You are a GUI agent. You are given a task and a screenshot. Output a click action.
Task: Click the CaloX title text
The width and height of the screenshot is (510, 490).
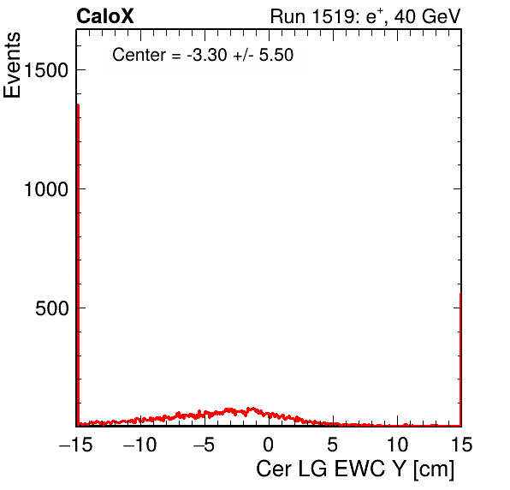pos(105,16)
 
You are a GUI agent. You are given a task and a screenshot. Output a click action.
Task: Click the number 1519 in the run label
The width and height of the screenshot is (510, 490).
pos(334,16)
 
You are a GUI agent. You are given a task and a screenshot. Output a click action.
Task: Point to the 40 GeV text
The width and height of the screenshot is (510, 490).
pos(428,16)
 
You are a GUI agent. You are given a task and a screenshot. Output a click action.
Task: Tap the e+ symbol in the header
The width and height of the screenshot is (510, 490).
pos(375,16)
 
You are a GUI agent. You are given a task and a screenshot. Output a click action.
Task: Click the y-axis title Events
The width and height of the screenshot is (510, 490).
pos(12,65)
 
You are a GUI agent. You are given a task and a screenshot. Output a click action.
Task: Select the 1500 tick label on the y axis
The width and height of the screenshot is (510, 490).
pos(46,70)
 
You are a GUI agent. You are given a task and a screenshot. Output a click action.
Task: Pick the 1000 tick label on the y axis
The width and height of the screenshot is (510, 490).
pos(46,189)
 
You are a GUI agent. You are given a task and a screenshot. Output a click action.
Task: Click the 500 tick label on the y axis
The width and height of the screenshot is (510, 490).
pos(52,308)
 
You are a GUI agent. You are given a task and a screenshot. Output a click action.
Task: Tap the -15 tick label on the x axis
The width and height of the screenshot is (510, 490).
pos(75,444)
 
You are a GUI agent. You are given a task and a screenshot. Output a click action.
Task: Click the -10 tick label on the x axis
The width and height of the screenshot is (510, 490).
pos(139,444)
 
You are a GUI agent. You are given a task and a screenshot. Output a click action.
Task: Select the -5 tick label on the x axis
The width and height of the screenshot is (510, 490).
pos(205,444)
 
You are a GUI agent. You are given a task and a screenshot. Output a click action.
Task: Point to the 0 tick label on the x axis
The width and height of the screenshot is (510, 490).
pos(269,444)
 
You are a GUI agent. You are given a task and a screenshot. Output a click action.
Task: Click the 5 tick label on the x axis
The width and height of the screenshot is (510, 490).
pos(332,444)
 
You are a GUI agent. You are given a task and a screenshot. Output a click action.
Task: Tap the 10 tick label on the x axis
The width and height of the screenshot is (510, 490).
pos(397,444)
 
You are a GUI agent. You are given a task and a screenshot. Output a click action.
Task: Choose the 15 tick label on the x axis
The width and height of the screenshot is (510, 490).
pos(461,444)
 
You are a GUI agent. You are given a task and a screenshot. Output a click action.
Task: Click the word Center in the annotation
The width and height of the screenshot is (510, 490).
pos(139,55)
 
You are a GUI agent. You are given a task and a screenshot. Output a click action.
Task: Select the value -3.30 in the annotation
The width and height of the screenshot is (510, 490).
pos(206,55)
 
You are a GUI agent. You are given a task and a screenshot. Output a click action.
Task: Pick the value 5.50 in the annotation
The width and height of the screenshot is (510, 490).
pos(276,55)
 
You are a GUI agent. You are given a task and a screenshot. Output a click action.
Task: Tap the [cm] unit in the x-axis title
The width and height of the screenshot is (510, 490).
pos(434,469)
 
